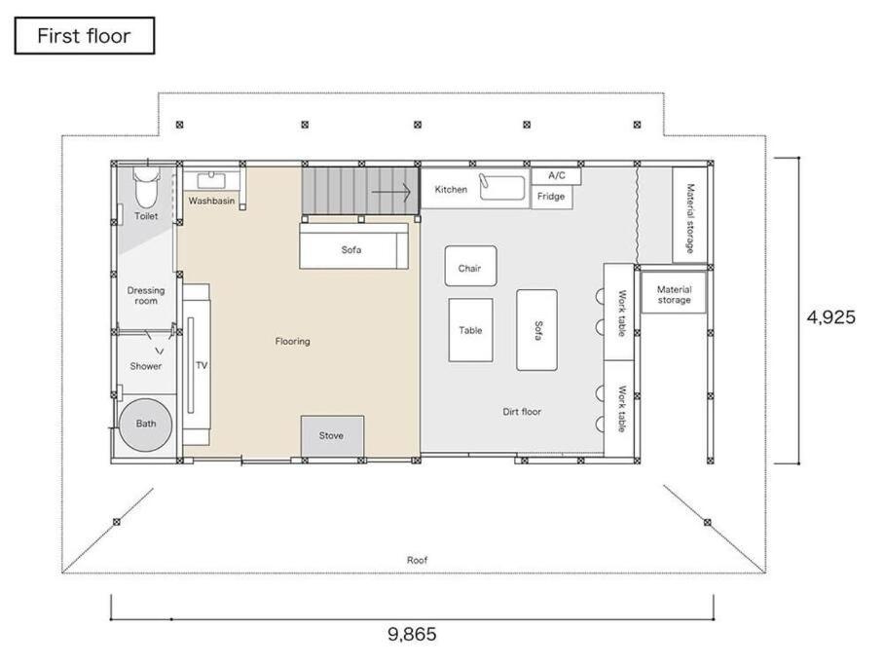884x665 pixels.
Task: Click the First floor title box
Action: [85, 35]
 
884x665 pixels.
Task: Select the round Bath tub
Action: [145, 425]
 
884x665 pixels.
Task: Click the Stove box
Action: [332, 436]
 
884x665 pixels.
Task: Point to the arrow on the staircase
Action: [391, 193]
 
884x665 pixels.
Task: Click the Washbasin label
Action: [211, 201]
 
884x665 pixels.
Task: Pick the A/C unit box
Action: [557, 175]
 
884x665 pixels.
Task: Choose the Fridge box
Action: [551, 197]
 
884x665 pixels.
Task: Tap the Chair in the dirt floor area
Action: [471, 266]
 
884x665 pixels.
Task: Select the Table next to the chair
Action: [471, 330]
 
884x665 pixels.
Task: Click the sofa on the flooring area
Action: [354, 246]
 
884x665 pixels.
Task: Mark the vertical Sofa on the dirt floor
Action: [536, 330]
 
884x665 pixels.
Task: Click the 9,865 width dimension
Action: [412, 635]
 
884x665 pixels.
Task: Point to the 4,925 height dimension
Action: [831, 317]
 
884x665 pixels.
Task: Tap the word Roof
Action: [418, 560]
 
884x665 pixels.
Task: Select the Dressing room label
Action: [146, 296]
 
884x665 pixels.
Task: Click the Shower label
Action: [146, 366]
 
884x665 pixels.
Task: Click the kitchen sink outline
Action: [502, 187]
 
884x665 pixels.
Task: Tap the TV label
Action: [202, 365]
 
